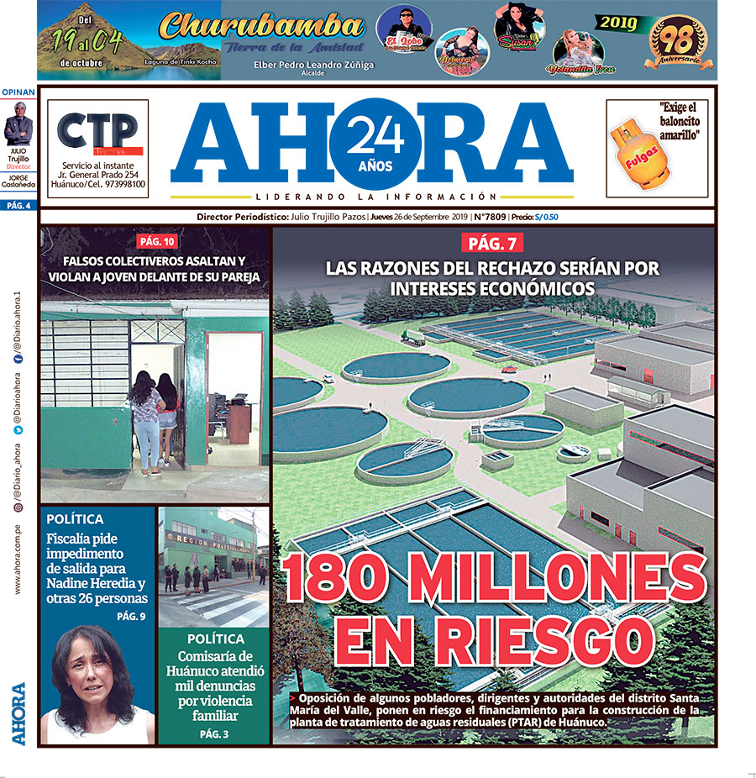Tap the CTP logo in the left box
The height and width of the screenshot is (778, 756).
97,130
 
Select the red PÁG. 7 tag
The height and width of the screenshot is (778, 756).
493,244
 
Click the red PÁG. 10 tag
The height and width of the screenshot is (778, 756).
157,242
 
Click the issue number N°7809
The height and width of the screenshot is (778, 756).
491,217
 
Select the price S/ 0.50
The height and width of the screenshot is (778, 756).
548,217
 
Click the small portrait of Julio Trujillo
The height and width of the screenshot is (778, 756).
18,125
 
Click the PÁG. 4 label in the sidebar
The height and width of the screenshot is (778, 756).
18,205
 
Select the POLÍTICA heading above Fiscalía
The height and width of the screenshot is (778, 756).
76,519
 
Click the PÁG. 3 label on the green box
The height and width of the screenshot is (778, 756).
213,734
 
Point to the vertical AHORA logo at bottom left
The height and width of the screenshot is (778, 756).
18,713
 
